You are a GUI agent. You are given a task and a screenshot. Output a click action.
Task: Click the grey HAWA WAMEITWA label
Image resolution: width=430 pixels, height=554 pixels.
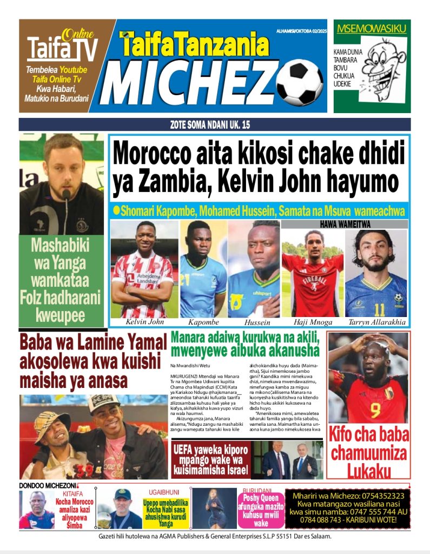[x=344, y=224]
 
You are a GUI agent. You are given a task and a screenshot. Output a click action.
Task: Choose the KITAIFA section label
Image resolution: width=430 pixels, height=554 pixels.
[x=72, y=494]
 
